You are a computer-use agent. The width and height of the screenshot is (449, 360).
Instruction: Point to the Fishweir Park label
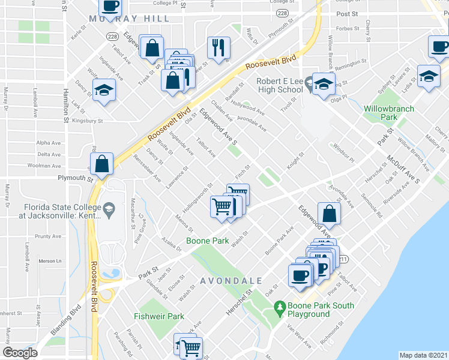(159, 316)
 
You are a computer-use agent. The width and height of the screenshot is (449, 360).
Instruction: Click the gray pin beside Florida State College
(109, 209)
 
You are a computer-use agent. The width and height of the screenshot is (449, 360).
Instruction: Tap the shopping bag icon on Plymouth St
(102, 163)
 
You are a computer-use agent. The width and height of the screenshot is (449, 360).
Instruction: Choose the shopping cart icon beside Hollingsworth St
(221, 206)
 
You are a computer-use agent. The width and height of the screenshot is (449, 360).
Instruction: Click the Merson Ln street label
(50, 261)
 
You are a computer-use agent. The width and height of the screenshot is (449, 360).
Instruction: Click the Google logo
(20, 353)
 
